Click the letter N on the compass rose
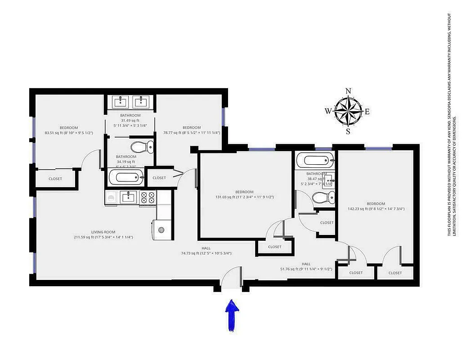tap(348, 91)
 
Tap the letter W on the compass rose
tap(328, 111)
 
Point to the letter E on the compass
tap(367, 112)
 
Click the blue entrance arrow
tap(232, 316)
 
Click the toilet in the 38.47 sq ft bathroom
tap(324, 197)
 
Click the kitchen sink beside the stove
tap(129, 197)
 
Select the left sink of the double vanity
tap(121, 102)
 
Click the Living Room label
tap(103, 232)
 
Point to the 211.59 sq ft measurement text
tap(103, 237)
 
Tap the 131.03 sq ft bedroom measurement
tap(244, 197)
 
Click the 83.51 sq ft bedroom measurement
tap(69, 133)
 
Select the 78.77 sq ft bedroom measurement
tap(191, 132)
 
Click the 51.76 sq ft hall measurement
tap(306, 269)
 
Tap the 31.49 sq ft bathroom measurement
tap(130, 120)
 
